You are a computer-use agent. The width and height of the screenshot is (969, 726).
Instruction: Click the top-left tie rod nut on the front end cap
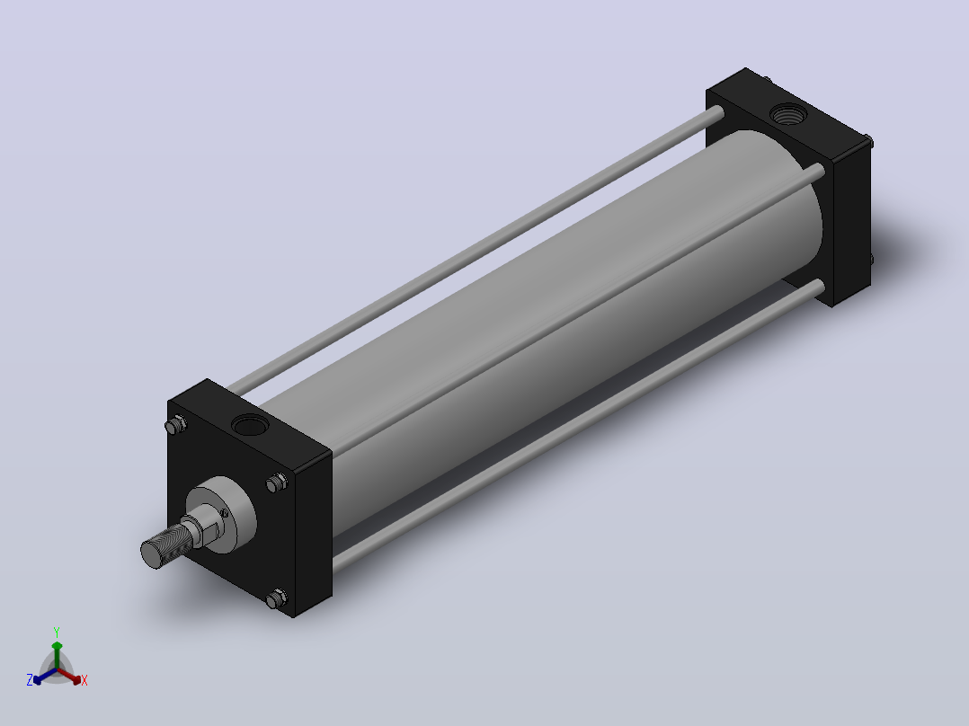pyautogui.click(x=176, y=425)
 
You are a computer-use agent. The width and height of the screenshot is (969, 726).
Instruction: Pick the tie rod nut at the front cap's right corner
pyautogui.click(x=277, y=483)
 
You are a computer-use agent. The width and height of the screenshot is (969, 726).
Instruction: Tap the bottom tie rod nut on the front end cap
pyautogui.click(x=277, y=598)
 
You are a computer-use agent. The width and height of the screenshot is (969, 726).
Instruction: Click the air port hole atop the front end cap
pyautogui.click(x=250, y=425)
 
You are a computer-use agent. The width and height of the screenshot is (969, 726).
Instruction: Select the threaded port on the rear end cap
pyautogui.click(x=788, y=114)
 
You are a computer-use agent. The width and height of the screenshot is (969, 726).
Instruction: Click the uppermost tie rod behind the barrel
pyautogui.click(x=476, y=249)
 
